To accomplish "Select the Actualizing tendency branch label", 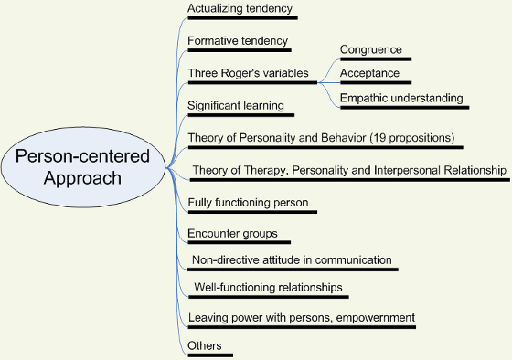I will click(240, 9).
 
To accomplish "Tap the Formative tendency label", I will click(238, 41).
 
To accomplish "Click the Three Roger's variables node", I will click(248, 73).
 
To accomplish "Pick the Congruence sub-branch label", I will click(370, 49).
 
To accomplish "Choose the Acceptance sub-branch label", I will click(369, 73).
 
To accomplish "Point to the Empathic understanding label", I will click(401, 98).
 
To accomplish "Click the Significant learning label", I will click(235, 106).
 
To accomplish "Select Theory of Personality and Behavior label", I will click(274, 138).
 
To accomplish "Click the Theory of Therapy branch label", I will click(348, 170).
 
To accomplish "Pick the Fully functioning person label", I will click(248, 202).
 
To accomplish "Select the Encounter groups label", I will click(232, 234).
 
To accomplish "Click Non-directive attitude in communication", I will click(291, 260).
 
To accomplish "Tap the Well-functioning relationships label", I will click(268, 288).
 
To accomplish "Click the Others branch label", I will click(204, 345).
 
